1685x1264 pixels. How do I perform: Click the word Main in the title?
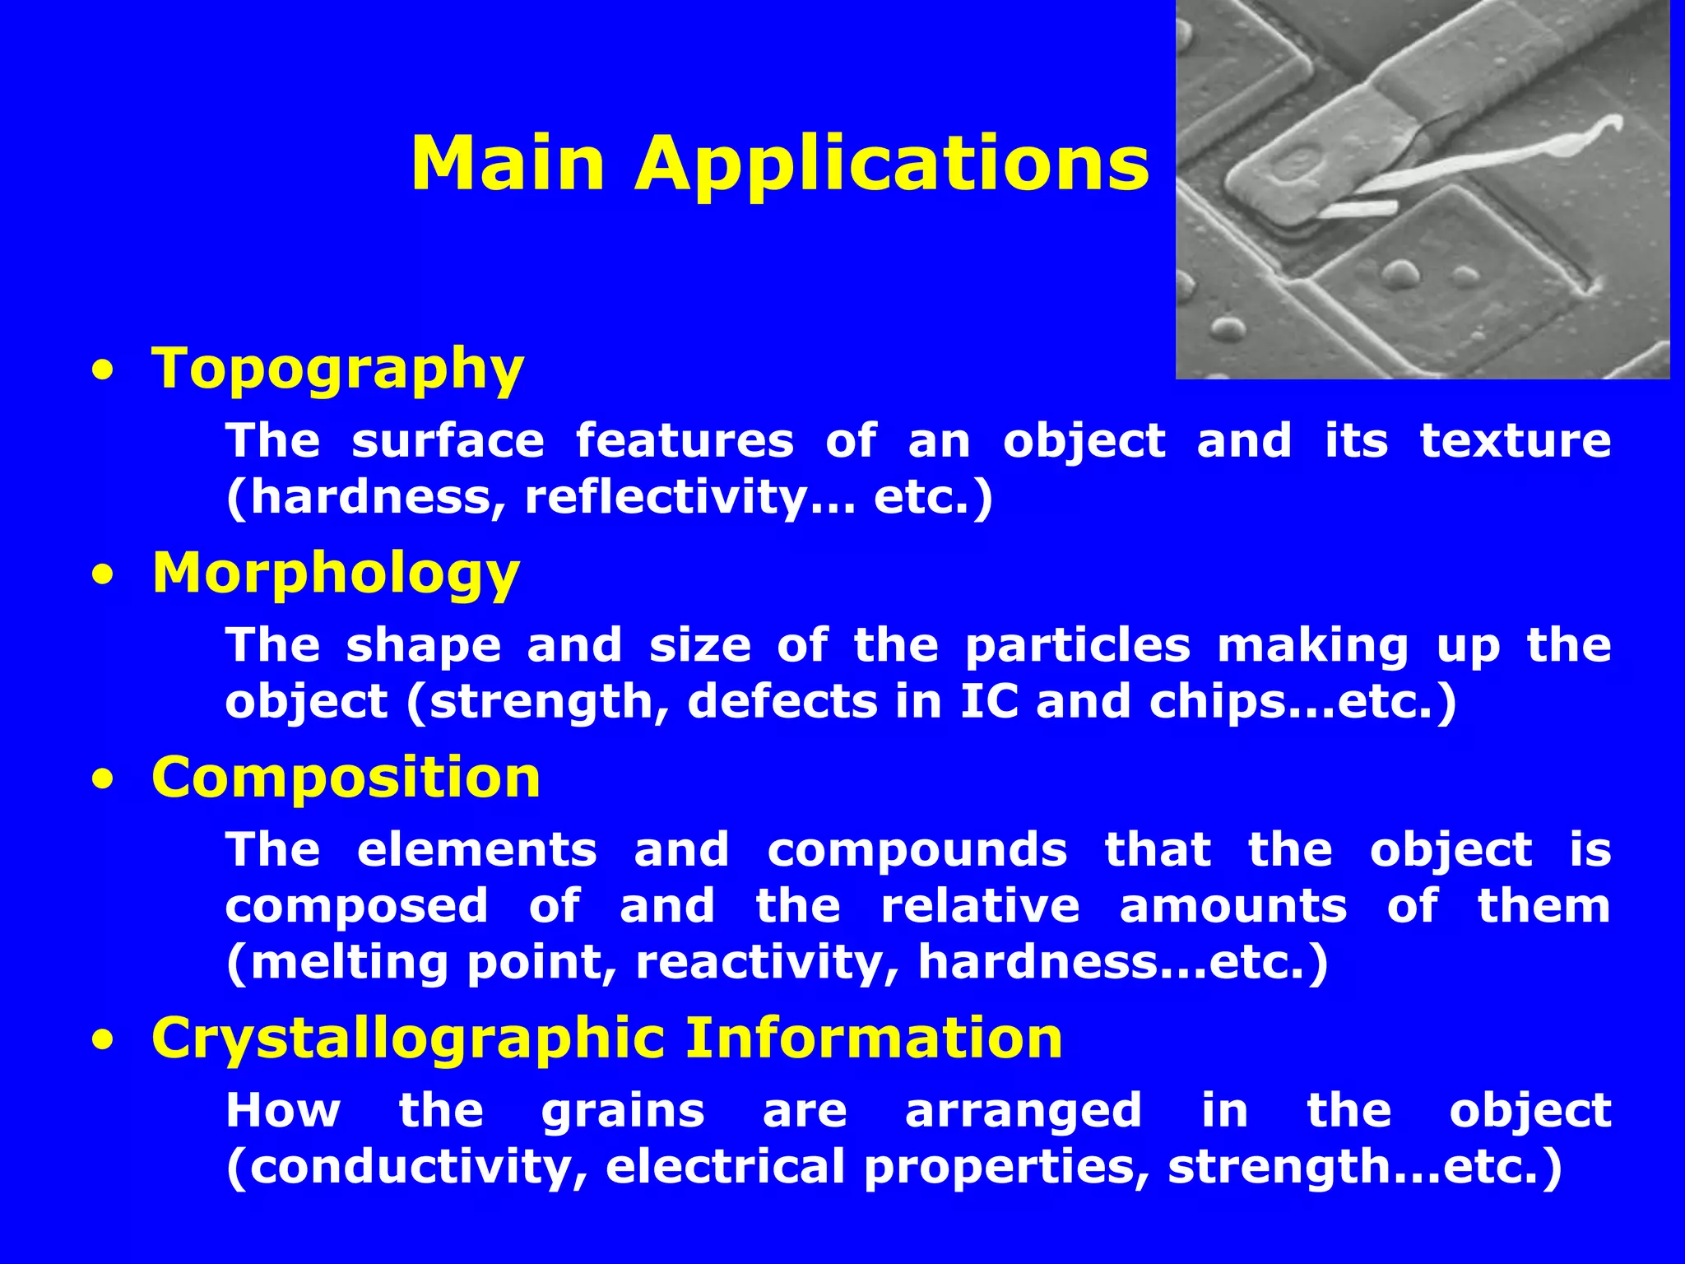[508, 163]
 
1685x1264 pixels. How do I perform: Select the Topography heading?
[337, 368]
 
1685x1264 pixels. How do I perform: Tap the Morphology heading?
[336, 573]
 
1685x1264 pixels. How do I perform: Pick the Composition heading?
[346, 777]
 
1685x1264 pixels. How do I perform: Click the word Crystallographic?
[408, 1038]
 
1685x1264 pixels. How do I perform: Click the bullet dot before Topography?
[102, 371]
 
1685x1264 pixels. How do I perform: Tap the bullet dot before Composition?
[102, 781]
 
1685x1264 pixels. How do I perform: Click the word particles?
[1077, 645]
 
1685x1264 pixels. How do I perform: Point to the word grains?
[623, 1111]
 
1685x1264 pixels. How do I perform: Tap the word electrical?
[725, 1166]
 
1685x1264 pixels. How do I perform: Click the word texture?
[1516, 440]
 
